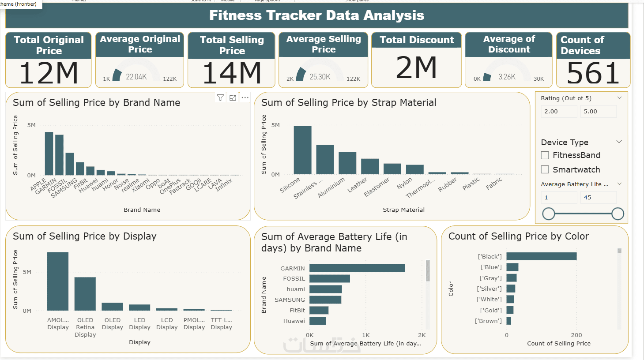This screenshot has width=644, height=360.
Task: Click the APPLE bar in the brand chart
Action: pyautogui.click(x=49, y=154)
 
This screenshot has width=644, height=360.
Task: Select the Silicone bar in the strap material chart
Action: pyautogui.click(x=302, y=150)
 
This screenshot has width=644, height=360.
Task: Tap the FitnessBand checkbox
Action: pyautogui.click(x=545, y=155)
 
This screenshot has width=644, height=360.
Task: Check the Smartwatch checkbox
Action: pyautogui.click(x=545, y=169)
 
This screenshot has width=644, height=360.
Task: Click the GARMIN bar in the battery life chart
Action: pyautogui.click(x=357, y=268)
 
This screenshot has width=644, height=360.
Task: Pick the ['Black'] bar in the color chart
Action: pyautogui.click(x=541, y=256)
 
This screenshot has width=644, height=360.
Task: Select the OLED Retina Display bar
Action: pyautogui.click(x=85, y=294)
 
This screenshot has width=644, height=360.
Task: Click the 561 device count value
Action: pyautogui.click(x=593, y=73)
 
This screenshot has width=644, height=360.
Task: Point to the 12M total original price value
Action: pyautogui.click(x=49, y=73)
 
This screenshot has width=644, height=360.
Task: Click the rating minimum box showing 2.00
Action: pyautogui.click(x=559, y=112)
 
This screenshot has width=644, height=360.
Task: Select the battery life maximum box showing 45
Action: pyautogui.click(x=599, y=197)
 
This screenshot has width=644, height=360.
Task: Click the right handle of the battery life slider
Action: pyautogui.click(x=618, y=214)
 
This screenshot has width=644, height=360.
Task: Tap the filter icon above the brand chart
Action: pyautogui.click(x=220, y=97)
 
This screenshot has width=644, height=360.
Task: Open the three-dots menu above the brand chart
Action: pyautogui.click(x=245, y=97)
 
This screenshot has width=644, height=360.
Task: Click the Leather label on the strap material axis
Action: pyautogui.click(x=357, y=185)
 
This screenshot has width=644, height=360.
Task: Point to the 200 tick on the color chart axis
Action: pyautogui.click(x=576, y=335)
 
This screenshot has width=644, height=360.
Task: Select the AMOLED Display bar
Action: pyautogui.click(x=58, y=281)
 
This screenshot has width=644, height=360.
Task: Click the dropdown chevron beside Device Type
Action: pyautogui.click(x=619, y=142)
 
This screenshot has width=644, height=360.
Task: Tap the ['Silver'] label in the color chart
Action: pyautogui.click(x=489, y=289)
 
